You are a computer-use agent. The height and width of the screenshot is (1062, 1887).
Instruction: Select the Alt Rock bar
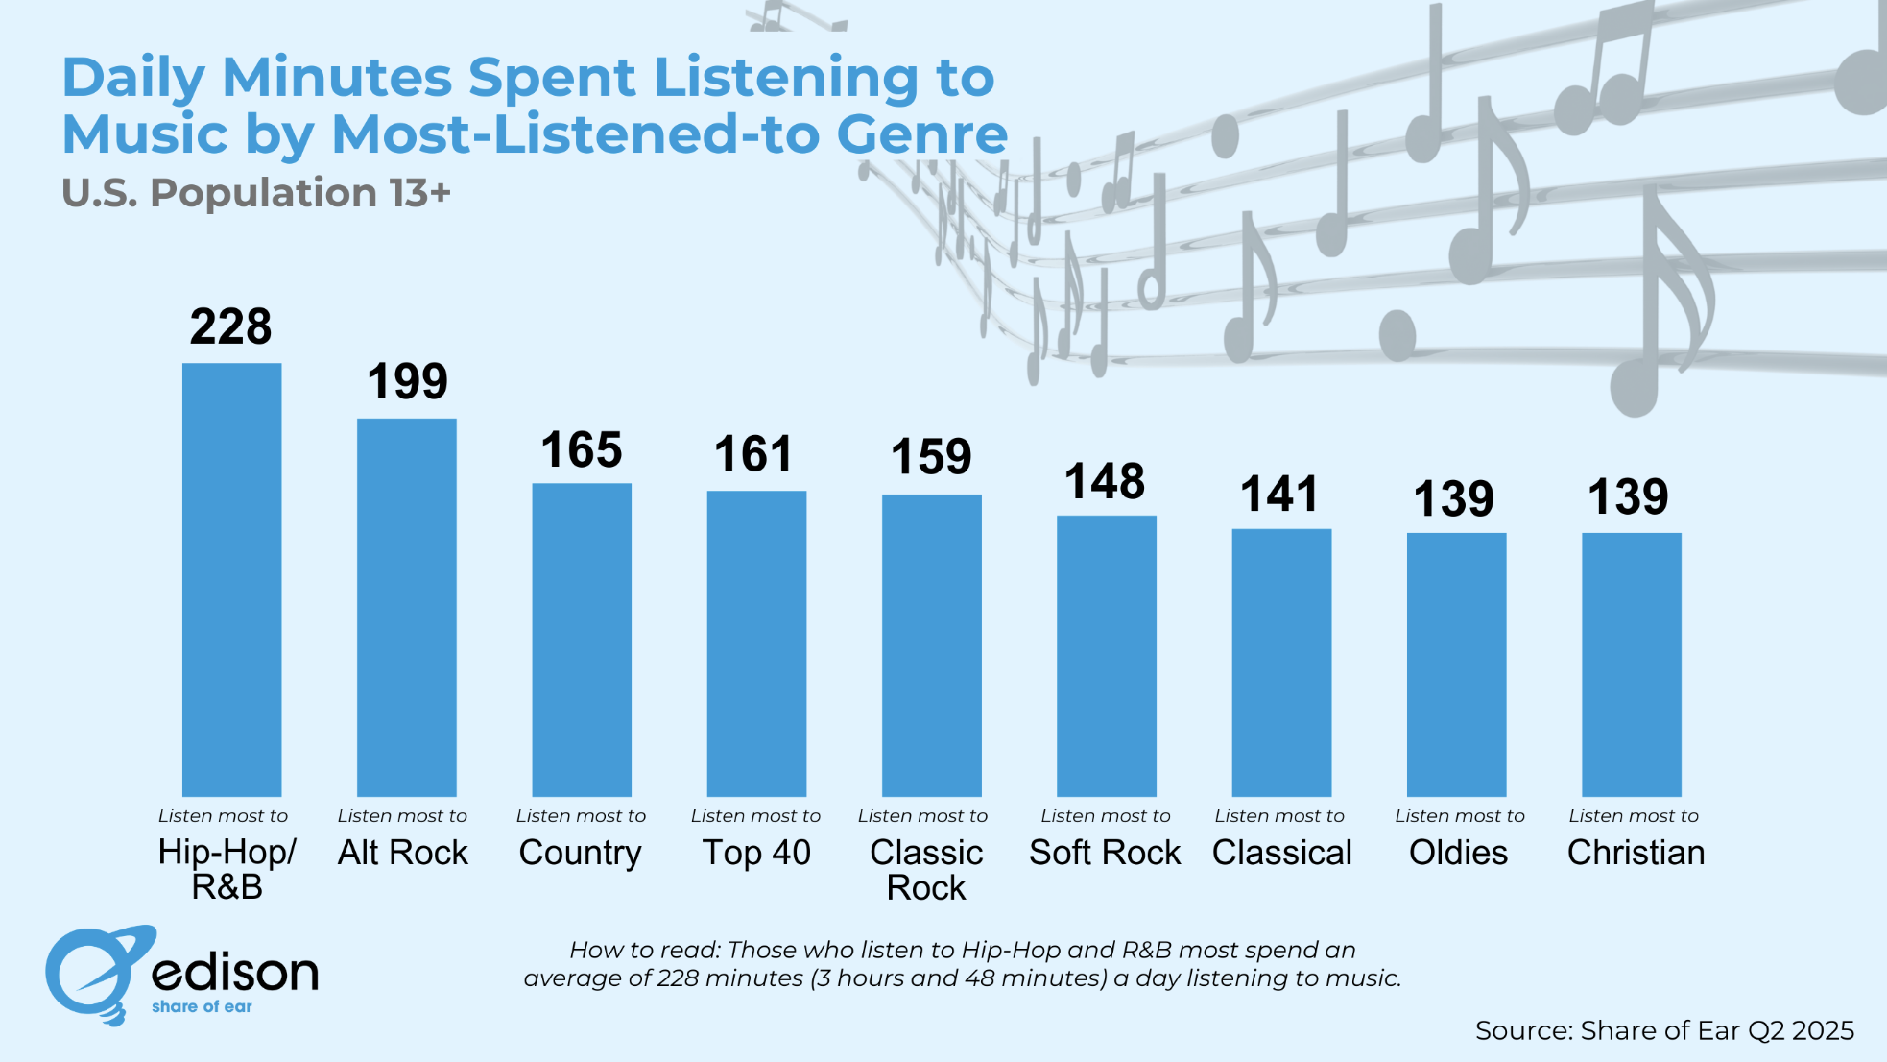click(406, 607)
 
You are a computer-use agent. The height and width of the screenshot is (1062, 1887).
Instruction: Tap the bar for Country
click(582, 640)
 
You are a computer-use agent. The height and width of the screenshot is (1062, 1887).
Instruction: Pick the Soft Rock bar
click(1106, 656)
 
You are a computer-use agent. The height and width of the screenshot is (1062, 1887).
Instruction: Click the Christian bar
click(1631, 664)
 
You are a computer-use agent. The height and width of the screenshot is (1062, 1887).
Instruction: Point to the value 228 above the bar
click(230, 327)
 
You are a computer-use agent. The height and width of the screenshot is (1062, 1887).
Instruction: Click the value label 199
click(407, 382)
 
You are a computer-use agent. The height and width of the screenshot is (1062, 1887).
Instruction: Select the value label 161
click(753, 454)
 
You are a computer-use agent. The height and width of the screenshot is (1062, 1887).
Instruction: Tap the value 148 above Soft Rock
click(1105, 482)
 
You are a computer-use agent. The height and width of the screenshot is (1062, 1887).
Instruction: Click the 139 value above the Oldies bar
click(1453, 499)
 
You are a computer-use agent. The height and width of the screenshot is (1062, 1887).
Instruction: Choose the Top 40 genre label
click(756, 853)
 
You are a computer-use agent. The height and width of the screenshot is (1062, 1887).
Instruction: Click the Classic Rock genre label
click(926, 870)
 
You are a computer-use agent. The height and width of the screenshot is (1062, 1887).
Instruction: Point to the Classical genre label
click(1281, 853)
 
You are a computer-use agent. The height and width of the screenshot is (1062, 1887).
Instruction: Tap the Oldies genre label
click(1458, 853)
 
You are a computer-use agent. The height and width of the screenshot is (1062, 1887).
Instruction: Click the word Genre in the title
click(921, 134)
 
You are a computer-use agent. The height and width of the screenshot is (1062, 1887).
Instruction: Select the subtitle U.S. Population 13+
click(255, 193)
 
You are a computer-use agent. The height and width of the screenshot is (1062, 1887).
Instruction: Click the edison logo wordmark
click(235, 973)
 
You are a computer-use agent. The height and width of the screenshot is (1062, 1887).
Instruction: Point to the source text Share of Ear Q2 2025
click(1664, 1030)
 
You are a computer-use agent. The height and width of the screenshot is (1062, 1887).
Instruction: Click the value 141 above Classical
click(1279, 495)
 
